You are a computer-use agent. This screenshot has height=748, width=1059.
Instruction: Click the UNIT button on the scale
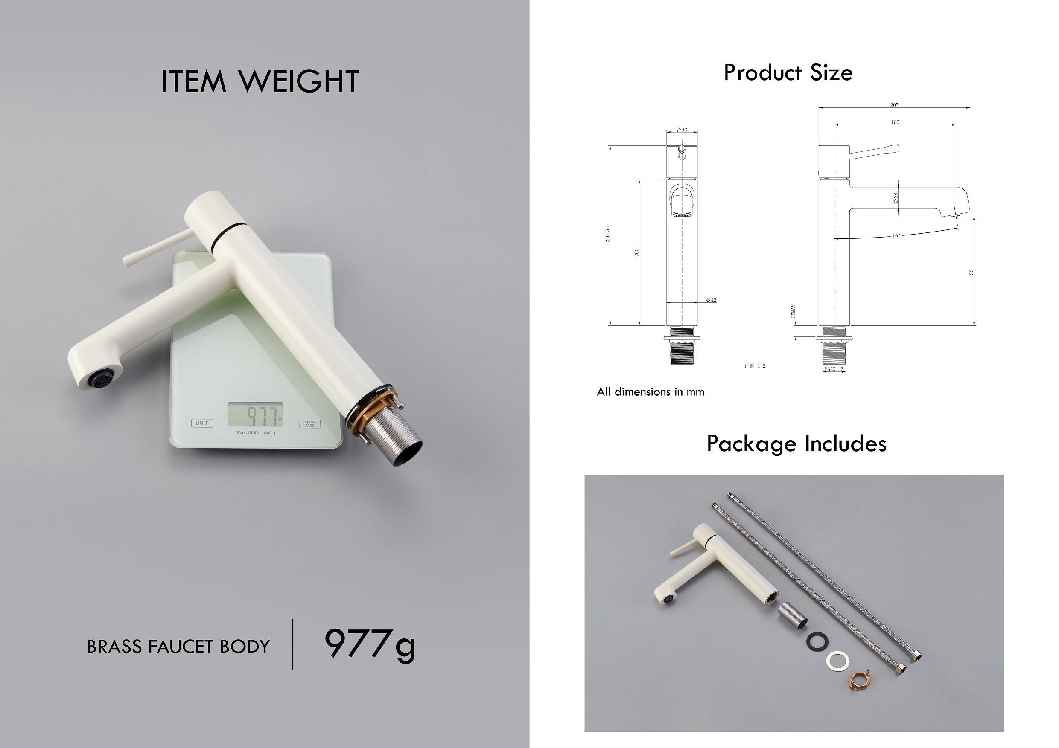(202, 423)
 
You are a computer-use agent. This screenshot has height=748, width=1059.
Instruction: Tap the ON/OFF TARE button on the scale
(309, 423)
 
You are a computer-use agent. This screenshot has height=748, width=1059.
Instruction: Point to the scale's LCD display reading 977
(256, 415)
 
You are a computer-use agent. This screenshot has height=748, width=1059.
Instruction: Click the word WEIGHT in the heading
(299, 82)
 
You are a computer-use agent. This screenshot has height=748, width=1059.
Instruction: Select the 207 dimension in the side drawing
(894, 105)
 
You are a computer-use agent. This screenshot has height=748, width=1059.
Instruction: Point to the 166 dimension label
(895, 122)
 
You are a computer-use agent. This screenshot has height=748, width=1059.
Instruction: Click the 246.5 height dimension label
(607, 235)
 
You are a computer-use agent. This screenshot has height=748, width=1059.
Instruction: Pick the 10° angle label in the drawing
(896, 236)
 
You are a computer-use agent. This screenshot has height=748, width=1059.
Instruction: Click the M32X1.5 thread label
(834, 370)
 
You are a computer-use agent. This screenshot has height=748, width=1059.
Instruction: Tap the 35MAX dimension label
(794, 311)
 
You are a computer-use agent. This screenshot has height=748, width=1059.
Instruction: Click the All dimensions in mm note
(651, 392)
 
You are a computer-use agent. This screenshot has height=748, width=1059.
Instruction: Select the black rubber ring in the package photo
(817, 641)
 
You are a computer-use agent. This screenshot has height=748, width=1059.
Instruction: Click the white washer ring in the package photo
(837, 660)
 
